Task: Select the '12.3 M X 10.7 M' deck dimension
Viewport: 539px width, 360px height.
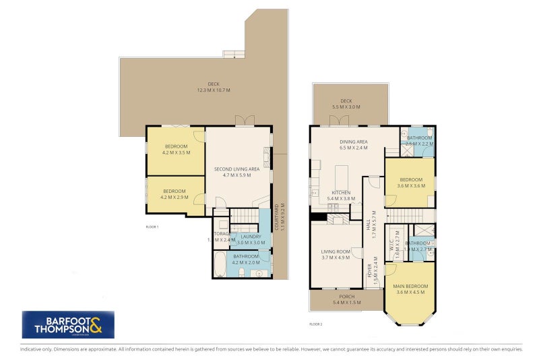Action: click(x=214, y=90)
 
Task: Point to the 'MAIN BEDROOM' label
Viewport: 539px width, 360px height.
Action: click(x=410, y=287)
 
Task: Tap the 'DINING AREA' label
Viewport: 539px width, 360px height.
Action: click(x=352, y=142)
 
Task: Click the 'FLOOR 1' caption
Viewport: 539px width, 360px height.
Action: click(x=152, y=227)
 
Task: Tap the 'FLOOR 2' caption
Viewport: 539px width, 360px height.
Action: click(x=315, y=324)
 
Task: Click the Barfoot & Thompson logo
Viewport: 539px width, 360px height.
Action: click(x=68, y=324)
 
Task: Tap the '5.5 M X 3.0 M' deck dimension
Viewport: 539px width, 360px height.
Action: click(x=346, y=107)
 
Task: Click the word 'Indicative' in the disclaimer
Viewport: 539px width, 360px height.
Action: click(x=31, y=349)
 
